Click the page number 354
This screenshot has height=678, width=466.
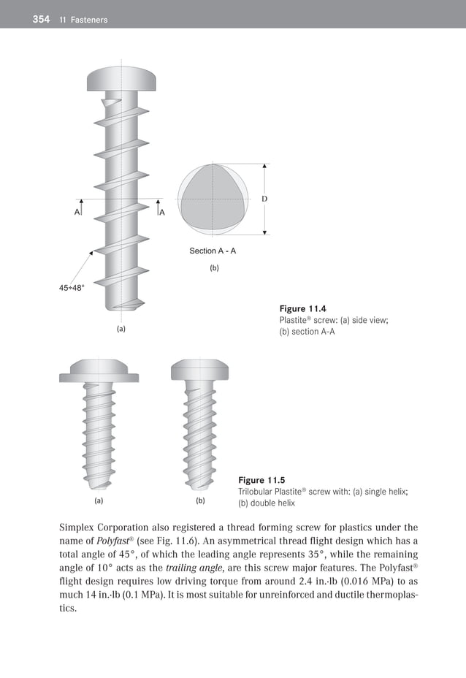pos(41,19)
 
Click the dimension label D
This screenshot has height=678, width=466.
pos(264,199)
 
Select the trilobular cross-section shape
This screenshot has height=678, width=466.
pos(213,199)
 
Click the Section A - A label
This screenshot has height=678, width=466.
pos(213,251)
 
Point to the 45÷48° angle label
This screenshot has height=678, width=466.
pos(72,288)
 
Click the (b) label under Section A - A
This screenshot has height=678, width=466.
pos(214,268)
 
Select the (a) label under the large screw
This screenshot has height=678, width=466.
pos(121,330)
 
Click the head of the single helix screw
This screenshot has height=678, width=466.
pos(99,370)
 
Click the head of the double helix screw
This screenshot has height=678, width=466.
pos(200,370)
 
